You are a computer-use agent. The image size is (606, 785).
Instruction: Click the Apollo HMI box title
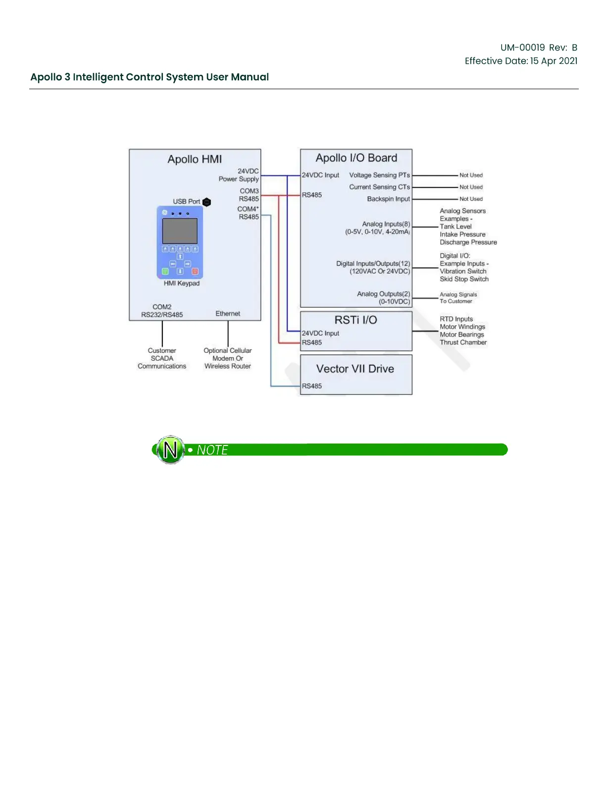pos(195,159)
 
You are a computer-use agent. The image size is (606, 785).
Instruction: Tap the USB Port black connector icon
pos(207,202)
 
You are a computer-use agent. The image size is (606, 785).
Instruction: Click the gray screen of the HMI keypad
pos(180,230)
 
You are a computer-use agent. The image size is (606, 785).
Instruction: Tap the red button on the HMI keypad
pos(195,271)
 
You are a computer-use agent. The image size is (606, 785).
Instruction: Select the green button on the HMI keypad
pos(165,271)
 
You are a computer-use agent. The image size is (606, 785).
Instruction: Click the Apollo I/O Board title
pos(356,158)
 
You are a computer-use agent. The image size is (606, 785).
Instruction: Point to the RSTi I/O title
pos(355,320)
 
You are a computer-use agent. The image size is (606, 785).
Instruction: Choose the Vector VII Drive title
pos(355,369)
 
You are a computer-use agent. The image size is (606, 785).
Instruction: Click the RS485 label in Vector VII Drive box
pos(312,386)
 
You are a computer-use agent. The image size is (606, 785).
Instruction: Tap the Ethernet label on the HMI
pos(228,314)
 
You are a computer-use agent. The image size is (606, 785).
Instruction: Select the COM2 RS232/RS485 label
pos(162,311)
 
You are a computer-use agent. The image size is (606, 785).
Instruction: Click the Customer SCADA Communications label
pos(162,358)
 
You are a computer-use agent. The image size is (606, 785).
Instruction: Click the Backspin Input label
pos(389,199)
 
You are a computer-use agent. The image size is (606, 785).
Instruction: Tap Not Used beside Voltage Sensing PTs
pos(471,175)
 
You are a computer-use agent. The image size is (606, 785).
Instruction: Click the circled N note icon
pos(170,449)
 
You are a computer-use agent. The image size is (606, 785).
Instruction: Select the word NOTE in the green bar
pos(212,450)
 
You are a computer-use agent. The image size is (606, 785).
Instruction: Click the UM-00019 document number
pos(522,48)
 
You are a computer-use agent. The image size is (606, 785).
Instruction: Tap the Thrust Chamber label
pos(463,342)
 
